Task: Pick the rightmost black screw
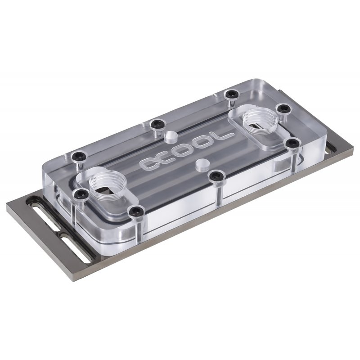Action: tap(293, 143)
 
